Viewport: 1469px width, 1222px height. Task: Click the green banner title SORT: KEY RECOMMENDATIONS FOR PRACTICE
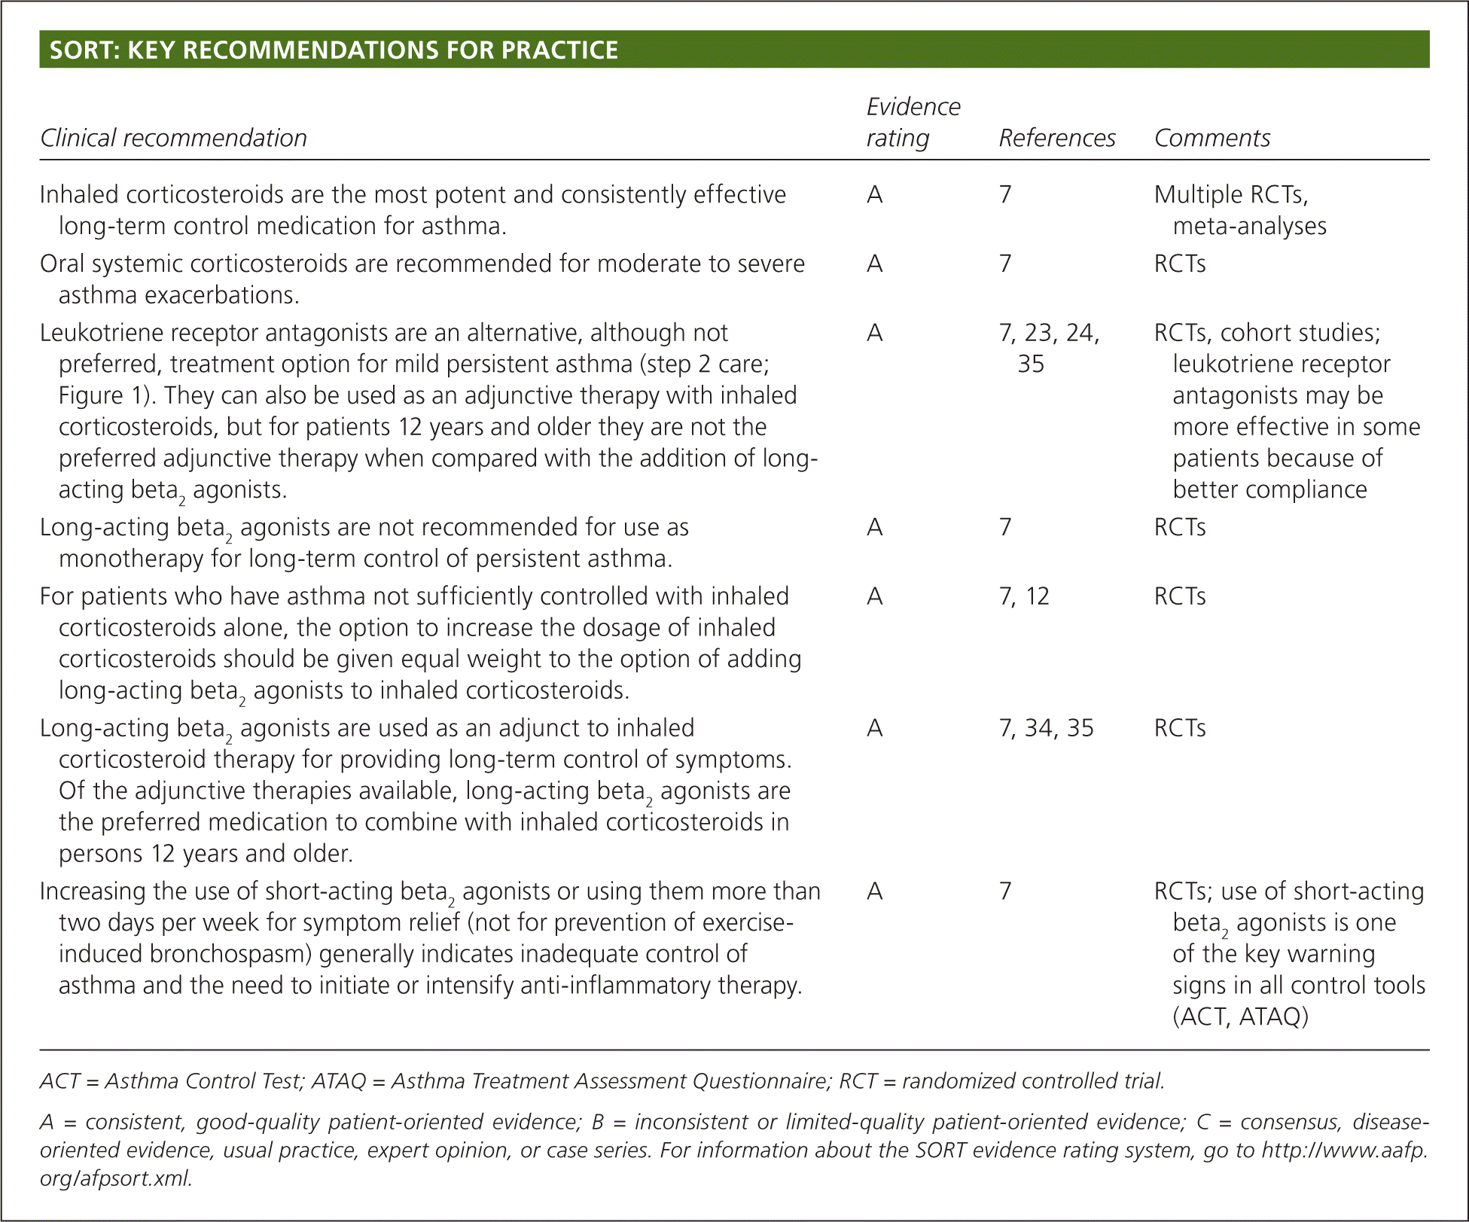click(x=334, y=50)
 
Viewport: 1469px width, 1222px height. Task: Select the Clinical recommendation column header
click(x=173, y=138)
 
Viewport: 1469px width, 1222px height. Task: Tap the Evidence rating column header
click(x=913, y=122)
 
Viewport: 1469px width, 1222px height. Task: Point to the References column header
click(x=1056, y=138)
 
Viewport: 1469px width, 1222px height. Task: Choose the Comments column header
click(x=1211, y=138)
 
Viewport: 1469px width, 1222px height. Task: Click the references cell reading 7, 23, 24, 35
click(x=1048, y=348)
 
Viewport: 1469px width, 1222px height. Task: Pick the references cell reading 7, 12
click(x=1023, y=596)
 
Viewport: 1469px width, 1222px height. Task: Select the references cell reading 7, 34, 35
click(x=1045, y=728)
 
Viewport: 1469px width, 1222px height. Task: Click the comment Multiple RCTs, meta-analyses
click(x=1239, y=210)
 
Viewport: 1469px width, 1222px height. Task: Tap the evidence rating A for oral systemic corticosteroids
click(x=874, y=264)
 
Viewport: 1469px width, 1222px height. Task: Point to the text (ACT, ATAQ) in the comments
click(x=1240, y=1016)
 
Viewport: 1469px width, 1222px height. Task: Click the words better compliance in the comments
click(x=1269, y=489)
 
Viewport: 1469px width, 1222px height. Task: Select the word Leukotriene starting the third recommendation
click(x=100, y=333)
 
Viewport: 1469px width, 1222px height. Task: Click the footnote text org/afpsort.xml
click(x=116, y=1178)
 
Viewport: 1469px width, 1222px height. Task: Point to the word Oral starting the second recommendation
click(x=59, y=264)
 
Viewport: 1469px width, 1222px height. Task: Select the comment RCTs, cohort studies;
click(x=1266, y=333)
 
